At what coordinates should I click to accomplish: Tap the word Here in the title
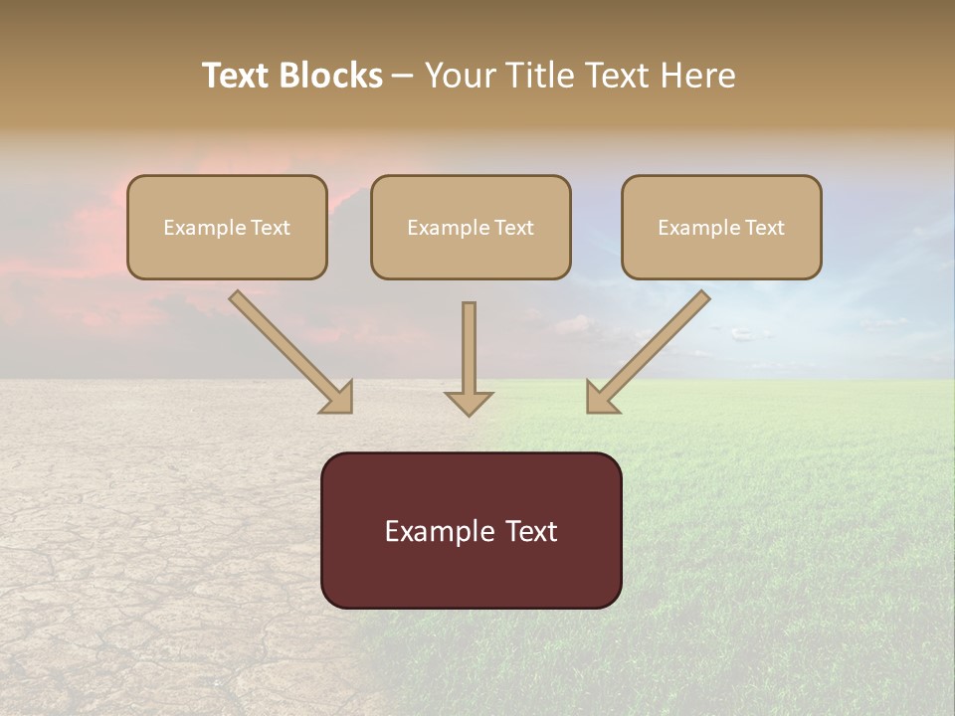[697, 76]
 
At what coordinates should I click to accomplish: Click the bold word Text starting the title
[236, 76]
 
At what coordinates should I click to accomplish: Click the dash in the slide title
[403, 77]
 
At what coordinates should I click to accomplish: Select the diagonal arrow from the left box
[288, 350]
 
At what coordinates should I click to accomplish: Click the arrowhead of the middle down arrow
[469, 403]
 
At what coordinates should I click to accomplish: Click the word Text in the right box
[764, 228]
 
